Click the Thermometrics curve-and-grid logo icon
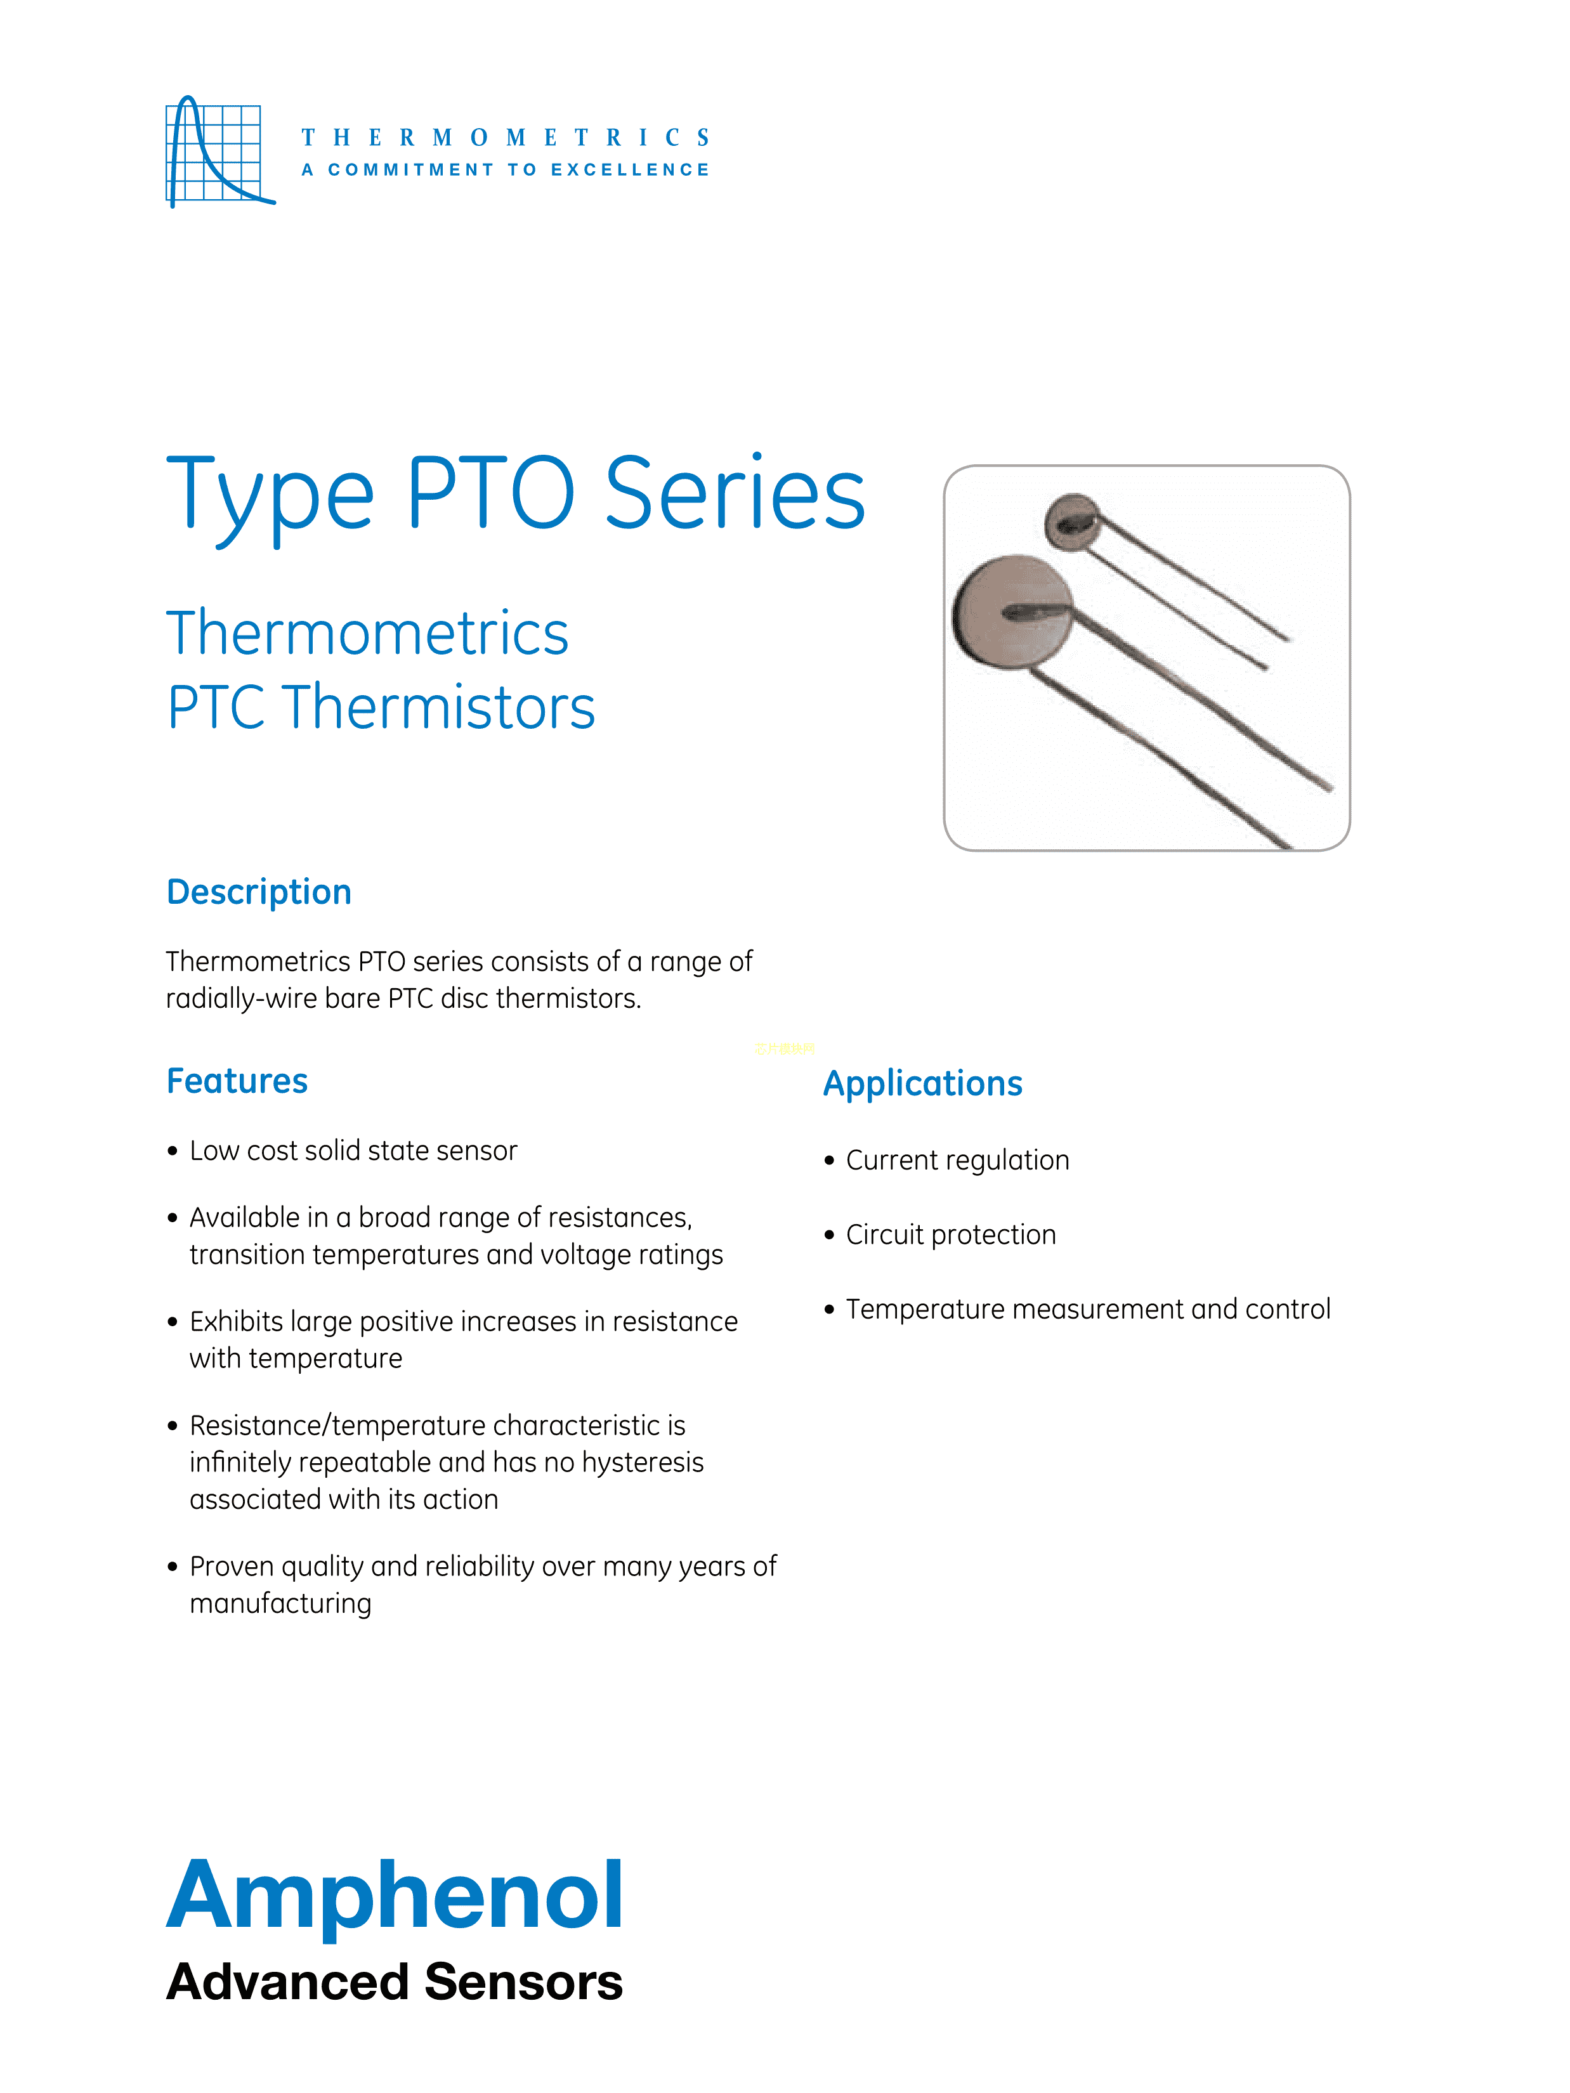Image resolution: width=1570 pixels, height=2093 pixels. click(x=219, y=152)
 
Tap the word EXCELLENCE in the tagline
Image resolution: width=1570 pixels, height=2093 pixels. click(x=631, y=171)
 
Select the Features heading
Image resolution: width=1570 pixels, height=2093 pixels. click(x=237, y=1081)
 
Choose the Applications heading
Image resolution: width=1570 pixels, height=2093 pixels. click(x=923, y=1083)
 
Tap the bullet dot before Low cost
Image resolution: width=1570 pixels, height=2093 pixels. click(x=173, y=1152)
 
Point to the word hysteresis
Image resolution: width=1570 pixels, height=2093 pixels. click(x=643, y=1463)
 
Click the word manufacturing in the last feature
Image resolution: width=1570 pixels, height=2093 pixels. click(x=280, y=1604)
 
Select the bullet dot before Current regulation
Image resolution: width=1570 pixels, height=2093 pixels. click(x=829, y=1161)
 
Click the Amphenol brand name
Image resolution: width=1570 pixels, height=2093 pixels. click(x=395, y=1895)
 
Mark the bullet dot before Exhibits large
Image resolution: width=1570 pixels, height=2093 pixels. click(x=173, y=1322)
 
